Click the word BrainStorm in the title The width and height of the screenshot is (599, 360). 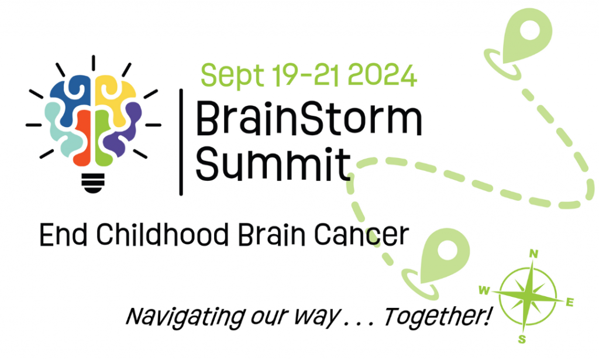(308, 120)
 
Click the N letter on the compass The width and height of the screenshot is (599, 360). (533, 254)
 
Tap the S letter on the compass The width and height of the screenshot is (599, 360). (522, 339)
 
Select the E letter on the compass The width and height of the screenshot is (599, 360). (570, 303)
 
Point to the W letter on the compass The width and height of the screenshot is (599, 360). (484, 290)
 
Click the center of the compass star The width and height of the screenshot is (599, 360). (528, 296)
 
